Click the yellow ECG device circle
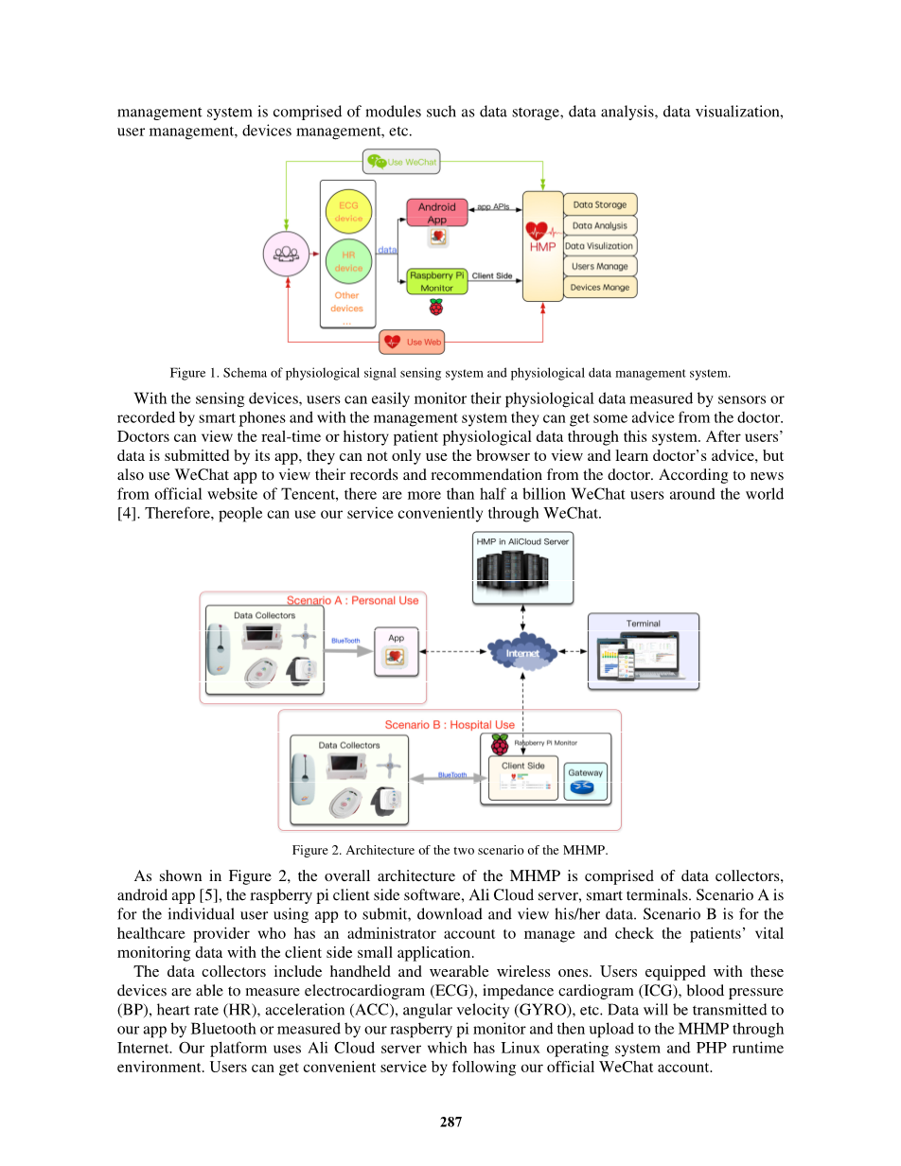coord(348,211)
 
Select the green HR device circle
coord(348,261)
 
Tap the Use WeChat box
coord(401,162)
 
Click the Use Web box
coord(412,342)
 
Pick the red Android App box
coord(437,213)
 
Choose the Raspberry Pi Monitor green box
coord(437,281)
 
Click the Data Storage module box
coord(600,204)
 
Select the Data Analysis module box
coord(600,225)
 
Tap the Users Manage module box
coord(600,266)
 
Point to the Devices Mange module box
coord(600,287)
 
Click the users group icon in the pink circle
coord(286,254)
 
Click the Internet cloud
coord(522,652)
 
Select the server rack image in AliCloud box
coord(512,572)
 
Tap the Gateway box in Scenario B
coord(586,781)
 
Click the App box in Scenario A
coord(396,651)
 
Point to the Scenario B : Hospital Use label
coord(450,724)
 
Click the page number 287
coord(450,1122)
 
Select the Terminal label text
coord(643,623)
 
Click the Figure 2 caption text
coord(450,850)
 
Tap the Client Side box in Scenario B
coord(522,778)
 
